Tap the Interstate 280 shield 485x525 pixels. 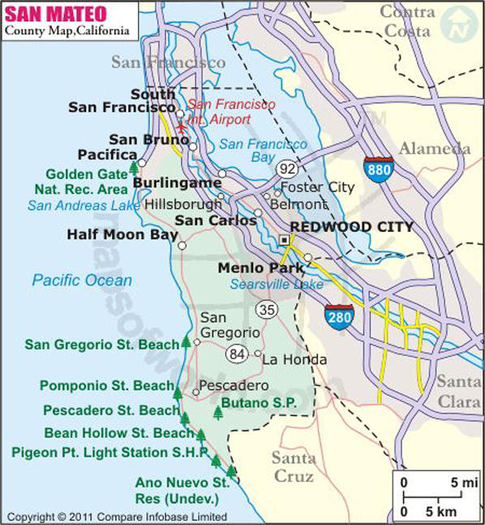pos(339,317)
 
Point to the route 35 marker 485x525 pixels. pos(265,309)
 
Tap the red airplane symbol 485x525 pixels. pos(181,126)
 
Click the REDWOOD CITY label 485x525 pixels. pos(352,227)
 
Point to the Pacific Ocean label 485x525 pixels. pos(81,281)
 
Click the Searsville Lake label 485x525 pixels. pos(276,285)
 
